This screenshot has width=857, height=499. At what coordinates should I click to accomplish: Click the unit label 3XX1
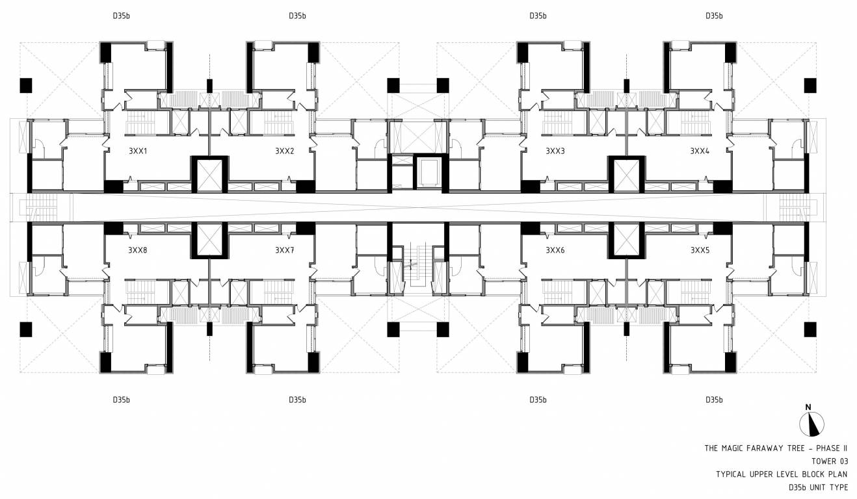click(138, 151)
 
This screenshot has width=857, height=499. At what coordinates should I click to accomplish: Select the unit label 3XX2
click(284, 151)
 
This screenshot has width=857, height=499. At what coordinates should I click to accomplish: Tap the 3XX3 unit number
click(555, 151)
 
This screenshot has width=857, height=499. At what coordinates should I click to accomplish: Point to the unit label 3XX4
click(700, 151)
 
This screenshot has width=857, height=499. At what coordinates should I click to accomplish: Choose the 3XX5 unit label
click(700, 249)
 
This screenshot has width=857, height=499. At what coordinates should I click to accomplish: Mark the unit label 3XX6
click(555, 249)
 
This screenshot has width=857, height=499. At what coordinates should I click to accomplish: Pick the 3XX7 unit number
click(284, 249)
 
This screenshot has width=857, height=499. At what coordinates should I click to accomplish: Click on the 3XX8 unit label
click(138, 249)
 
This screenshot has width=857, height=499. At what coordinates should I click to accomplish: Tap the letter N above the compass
click(808, 407)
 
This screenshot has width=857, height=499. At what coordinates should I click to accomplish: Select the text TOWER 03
click(830, 461)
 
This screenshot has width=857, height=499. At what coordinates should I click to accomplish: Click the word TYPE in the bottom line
click(839, 487)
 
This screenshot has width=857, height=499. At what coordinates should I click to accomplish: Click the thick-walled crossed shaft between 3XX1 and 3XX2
click(209, 173)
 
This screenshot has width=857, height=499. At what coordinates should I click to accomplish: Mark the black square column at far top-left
click(26, 85)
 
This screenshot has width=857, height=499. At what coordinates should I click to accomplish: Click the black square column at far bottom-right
click(810, 329)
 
